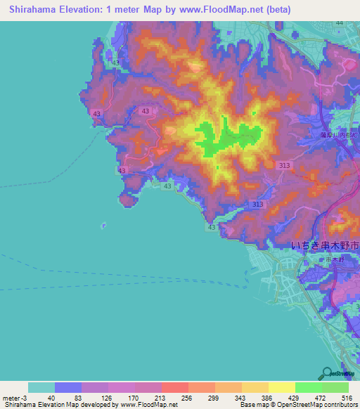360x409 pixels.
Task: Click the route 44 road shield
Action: pyautogui.click(x=340, y=22)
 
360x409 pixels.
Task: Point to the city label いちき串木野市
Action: pyautogui.click(x=325, y=247)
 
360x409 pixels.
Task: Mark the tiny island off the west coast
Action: pyautogui.click(x=104, y=226)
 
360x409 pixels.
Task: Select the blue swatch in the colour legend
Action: pyautogui.click(x=68, y=387)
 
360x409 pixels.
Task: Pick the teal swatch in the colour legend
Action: pyautogui.click(x=41, y=387)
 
